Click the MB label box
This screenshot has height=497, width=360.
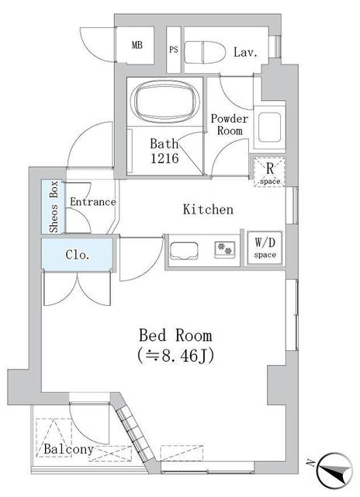[x=137, y=45]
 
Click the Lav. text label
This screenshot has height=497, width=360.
[x=245, y=52]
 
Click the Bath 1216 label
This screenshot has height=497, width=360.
[x=164, y=150]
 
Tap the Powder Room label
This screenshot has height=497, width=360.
[x=230, y=125]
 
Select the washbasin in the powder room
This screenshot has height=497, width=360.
[x=270, y=126]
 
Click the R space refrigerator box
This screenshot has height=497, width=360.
[x=269, y=172]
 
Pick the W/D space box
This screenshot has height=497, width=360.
[x=265, y=247]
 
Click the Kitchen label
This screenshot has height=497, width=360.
[x=207, y=210]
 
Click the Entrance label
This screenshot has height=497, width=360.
[x=92, y=202]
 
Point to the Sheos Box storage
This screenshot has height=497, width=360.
[x=53, y=207]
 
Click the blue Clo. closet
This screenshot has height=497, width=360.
[x=78, y=254]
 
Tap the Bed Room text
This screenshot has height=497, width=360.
[x=175, y=335]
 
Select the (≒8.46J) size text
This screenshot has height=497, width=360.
[x=175, y=356]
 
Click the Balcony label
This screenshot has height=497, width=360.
[x=68, y=450]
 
